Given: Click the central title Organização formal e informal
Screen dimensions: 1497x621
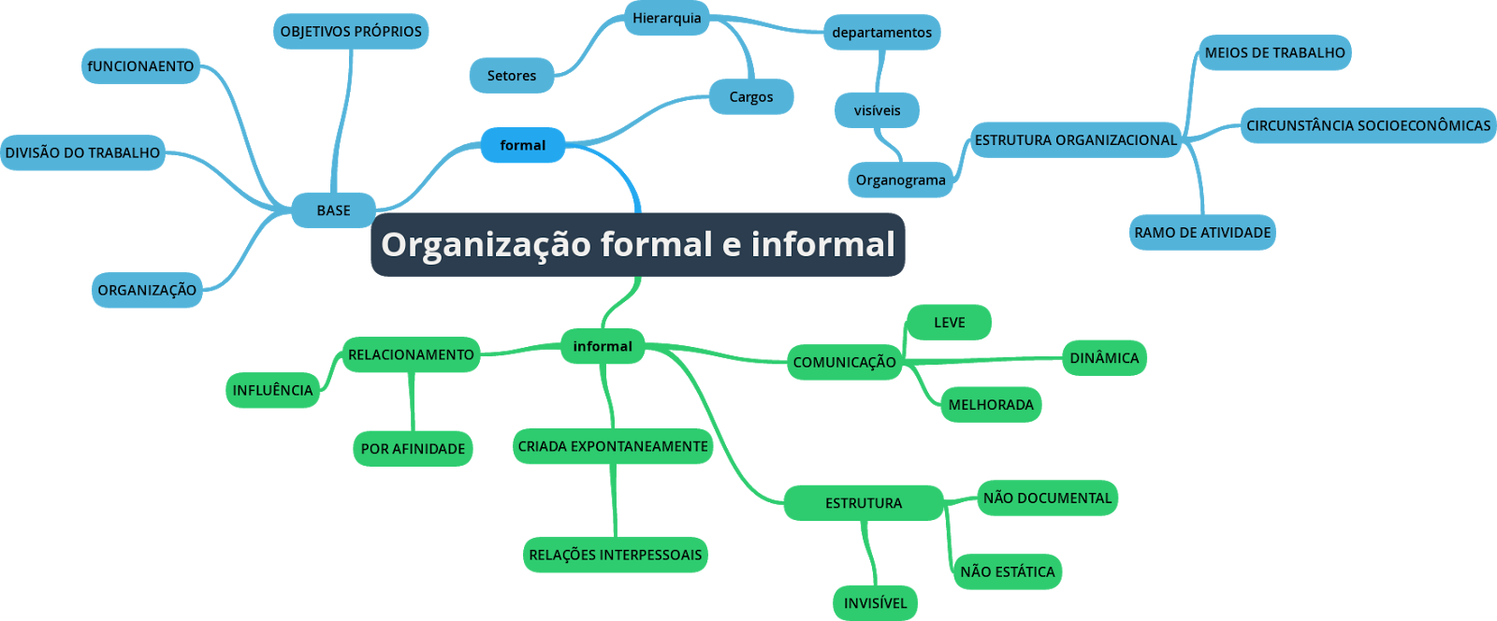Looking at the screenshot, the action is [638, 244].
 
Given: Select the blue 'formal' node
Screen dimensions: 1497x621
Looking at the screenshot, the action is [522, 145].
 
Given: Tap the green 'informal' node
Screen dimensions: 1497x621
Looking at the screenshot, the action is [603, 346].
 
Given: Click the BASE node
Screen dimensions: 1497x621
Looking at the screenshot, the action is [333, 210].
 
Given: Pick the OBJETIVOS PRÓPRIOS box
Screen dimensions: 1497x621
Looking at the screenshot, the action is [351, 31].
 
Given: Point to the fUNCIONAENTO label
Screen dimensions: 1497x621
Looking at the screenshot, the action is [140, 66].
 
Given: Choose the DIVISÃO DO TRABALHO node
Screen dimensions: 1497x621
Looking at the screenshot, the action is [82, 152].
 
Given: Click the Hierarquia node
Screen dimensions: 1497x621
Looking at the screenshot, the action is [666, 18].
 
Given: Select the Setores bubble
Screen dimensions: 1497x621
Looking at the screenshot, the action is [511, 76].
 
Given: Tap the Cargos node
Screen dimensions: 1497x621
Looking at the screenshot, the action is [750, 96].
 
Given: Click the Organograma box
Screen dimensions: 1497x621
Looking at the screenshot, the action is [900, 180].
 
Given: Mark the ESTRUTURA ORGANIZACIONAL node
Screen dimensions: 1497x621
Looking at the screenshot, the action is [1075, 140].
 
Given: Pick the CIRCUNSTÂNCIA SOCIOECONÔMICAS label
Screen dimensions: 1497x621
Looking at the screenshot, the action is [1367, 125].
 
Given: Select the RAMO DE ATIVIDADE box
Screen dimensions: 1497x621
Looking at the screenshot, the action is [1202, 232].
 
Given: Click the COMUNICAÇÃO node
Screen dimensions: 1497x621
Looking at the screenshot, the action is [844, 362].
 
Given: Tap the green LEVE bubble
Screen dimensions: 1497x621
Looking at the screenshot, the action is [949, 323].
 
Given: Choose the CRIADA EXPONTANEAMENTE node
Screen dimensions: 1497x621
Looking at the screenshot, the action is [613, 446].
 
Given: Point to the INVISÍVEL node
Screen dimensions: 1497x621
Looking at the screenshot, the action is [875, 602].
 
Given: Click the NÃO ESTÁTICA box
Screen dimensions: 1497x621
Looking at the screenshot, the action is [1007, 571].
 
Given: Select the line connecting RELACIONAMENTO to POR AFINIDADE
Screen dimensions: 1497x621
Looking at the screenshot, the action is [412, 402].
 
